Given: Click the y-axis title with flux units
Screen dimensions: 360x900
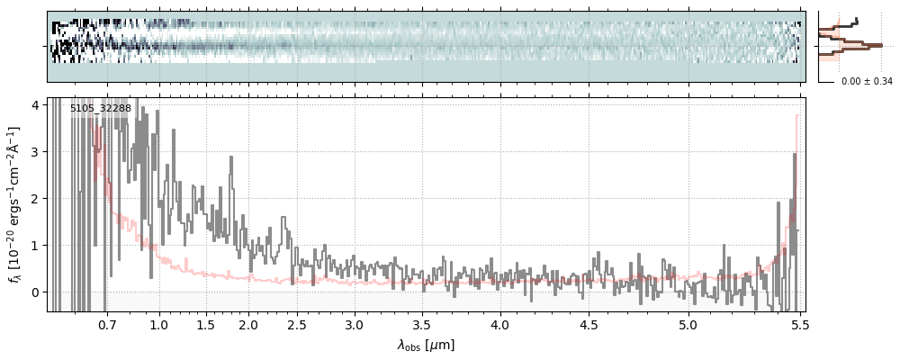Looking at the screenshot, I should click(x=14, y=205).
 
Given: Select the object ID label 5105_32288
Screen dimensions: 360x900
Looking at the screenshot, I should click(x=101, y=108).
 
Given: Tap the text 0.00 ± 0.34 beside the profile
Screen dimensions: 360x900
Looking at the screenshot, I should click(x=867, y=81).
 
